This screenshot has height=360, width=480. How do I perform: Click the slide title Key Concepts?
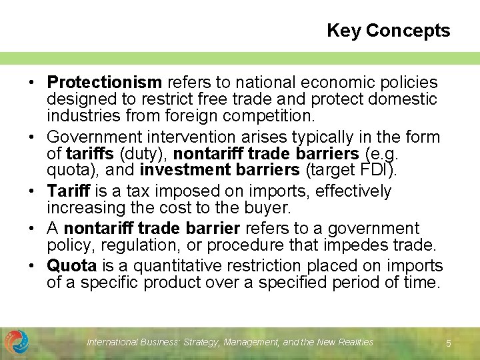[x=388, y=31]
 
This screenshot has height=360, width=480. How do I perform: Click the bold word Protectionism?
[x=105, y=83]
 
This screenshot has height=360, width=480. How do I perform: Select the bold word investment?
[x=186, y=170]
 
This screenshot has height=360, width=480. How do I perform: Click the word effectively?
[x=354, y=191]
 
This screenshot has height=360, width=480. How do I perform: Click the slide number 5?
[x=449, y=343]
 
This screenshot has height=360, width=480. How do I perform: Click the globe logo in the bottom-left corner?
[x=17, y=341]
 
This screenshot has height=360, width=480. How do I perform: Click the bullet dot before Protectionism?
[x=31, y=83]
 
